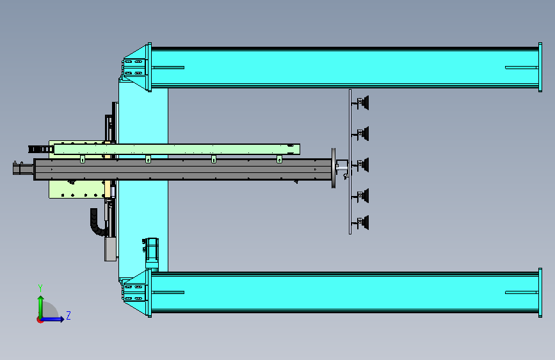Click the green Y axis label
coord(40,288)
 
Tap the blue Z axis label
coord(68,315)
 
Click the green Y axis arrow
coord(41,307)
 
